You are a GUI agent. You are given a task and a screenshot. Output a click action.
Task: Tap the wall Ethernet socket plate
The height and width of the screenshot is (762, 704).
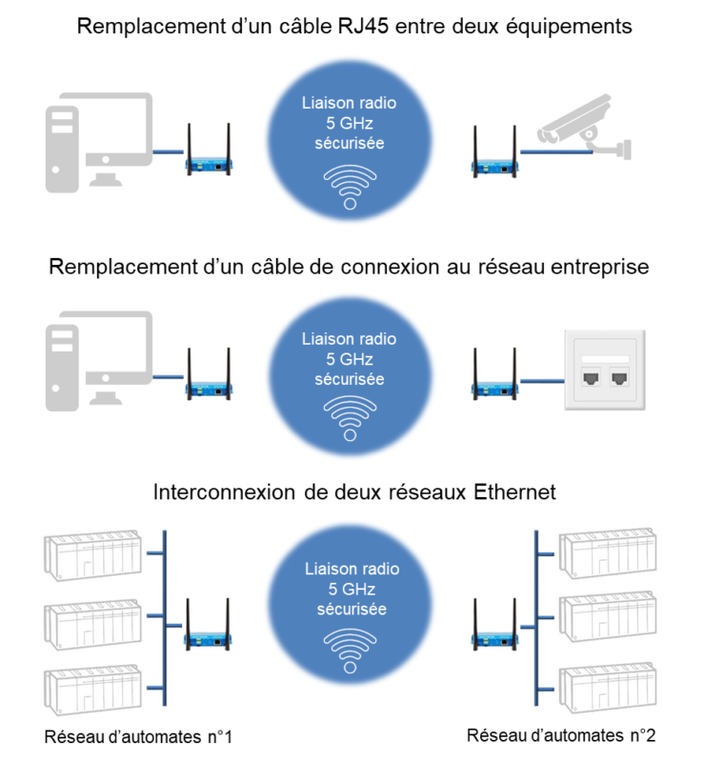coord(605,371)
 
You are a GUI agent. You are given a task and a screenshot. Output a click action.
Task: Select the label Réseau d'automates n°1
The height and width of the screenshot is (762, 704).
coord(138,736)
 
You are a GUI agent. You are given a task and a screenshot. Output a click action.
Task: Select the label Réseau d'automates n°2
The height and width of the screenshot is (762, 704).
coord(561,736)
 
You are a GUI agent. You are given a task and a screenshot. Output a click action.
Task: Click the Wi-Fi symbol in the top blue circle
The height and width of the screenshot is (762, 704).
coord(350,187)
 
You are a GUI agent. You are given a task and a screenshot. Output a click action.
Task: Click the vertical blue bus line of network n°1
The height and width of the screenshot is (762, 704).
coord(166,619)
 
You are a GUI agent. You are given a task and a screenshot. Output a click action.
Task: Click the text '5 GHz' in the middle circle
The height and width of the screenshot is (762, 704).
coord(350,359)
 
